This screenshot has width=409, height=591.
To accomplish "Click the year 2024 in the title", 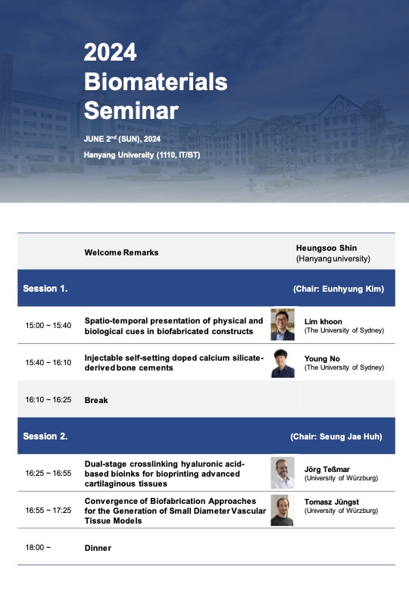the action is [110, 52].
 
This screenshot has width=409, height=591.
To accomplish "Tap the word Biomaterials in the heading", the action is [155, 81].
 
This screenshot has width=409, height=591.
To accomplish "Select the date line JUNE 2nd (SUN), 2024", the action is [122, 139].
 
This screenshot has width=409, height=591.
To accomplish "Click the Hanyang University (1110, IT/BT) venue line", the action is [142, 155].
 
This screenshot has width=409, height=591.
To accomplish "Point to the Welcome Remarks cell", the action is [121, 252].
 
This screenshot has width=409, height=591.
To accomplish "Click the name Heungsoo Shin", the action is [326, 248].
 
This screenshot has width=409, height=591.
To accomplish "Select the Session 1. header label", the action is [45, 289].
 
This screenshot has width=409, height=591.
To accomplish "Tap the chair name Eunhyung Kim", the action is [353, 289].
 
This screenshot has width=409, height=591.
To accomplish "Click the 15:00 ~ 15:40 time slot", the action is [48, 325].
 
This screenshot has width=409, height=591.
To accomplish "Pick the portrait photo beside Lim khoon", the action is [283, 324].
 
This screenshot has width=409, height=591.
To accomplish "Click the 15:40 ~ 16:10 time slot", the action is [48, 363].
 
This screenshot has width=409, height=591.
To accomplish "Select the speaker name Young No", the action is [322, 359].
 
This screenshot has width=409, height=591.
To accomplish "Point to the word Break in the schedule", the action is [96, 400].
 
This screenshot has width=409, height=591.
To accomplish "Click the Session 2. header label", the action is [45, 436].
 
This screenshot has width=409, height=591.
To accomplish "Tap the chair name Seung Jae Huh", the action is [351, 437].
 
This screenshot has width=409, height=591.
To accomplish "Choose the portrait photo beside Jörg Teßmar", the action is [283, 473].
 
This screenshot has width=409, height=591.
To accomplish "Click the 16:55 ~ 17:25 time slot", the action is [48, 511].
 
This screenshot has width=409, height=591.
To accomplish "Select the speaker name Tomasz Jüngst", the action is [332, 502].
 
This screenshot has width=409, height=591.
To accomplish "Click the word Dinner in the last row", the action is [98, 548].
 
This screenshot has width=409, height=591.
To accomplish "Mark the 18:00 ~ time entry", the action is [38, 547].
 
